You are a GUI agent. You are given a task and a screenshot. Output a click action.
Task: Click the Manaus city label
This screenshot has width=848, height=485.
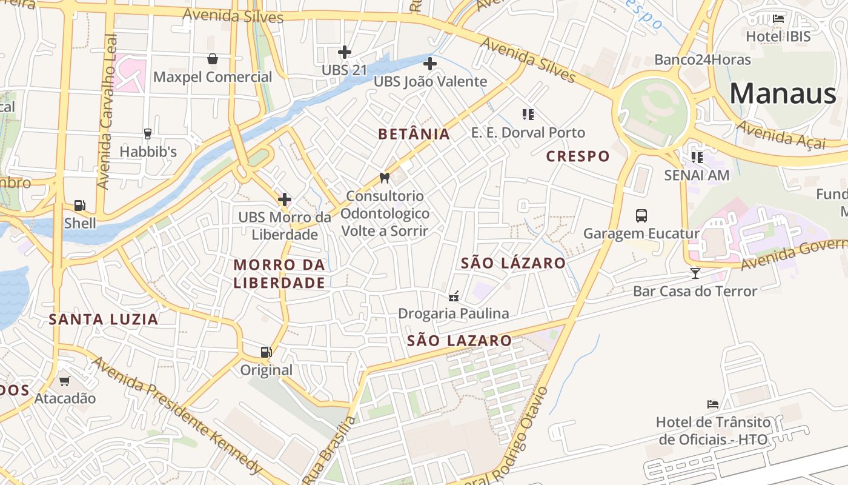783,94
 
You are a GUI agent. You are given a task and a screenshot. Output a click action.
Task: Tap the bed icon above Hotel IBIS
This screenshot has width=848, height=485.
778,19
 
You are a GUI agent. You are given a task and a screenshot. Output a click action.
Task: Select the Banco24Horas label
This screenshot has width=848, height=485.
703,60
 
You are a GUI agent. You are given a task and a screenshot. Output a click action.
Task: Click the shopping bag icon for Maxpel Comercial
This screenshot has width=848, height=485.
213,59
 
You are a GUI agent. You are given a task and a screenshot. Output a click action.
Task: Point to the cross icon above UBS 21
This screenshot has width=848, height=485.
345,52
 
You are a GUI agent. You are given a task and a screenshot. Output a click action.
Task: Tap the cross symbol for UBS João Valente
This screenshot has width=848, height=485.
430,63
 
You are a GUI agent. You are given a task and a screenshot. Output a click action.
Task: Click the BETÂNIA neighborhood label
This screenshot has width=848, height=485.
414,134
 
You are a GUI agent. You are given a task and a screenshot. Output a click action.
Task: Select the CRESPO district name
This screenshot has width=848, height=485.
578,156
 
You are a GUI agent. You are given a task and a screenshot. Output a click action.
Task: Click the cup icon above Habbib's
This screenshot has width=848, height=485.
147,133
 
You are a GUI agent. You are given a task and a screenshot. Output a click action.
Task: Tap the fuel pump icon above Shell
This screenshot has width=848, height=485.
79,206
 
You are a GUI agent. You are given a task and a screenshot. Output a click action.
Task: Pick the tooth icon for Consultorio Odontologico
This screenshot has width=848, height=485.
384,178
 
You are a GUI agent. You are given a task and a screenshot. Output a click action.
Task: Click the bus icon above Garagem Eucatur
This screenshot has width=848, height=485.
641,215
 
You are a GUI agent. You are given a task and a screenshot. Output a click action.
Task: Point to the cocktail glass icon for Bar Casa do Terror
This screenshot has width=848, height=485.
695,273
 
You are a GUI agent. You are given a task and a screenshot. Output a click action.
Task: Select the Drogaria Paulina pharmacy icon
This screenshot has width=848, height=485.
453,296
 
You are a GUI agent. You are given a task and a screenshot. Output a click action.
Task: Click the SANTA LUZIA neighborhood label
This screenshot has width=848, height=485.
104,319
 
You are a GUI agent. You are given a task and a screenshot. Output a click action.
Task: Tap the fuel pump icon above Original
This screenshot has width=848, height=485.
266,352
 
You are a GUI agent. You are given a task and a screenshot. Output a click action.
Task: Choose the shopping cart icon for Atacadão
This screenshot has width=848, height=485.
65,381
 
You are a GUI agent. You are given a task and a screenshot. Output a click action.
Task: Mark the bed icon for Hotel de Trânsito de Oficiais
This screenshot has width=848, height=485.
713,404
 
